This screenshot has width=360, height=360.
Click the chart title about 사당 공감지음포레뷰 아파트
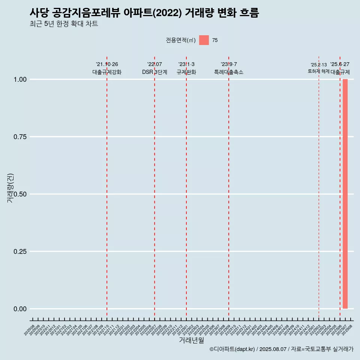(x=144, y=13)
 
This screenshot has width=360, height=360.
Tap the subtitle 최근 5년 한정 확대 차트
(x=64, y=24)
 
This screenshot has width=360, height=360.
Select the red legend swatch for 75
(x=204, y=40)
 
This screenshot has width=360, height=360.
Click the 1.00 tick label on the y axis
(x=20, y=79)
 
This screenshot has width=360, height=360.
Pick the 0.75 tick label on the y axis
(x=20, y=137)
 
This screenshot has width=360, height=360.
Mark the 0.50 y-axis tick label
(x=20, y=194)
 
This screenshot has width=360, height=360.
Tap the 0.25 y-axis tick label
(x=20, y=252)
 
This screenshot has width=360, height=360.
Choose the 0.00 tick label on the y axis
(x=20, y=309)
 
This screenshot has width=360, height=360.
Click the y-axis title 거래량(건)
(x=10, y=188)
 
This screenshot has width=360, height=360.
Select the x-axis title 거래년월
(x=191, y=340)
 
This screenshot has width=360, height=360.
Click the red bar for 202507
(x=345, y=194)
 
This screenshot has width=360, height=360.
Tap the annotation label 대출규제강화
(x=107, y=72)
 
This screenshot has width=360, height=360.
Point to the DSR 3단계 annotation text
(x=154, y=72)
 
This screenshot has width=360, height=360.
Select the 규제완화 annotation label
(x=186, y=72)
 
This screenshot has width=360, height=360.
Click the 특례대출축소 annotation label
(x=229, y=72)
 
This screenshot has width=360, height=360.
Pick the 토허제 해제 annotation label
(x=318, y=71)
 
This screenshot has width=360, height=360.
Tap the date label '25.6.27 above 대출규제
(x=340, y=64)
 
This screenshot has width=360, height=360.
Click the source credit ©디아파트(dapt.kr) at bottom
(x=232, y=349)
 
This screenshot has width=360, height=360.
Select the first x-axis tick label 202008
(x=29, y=330)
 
